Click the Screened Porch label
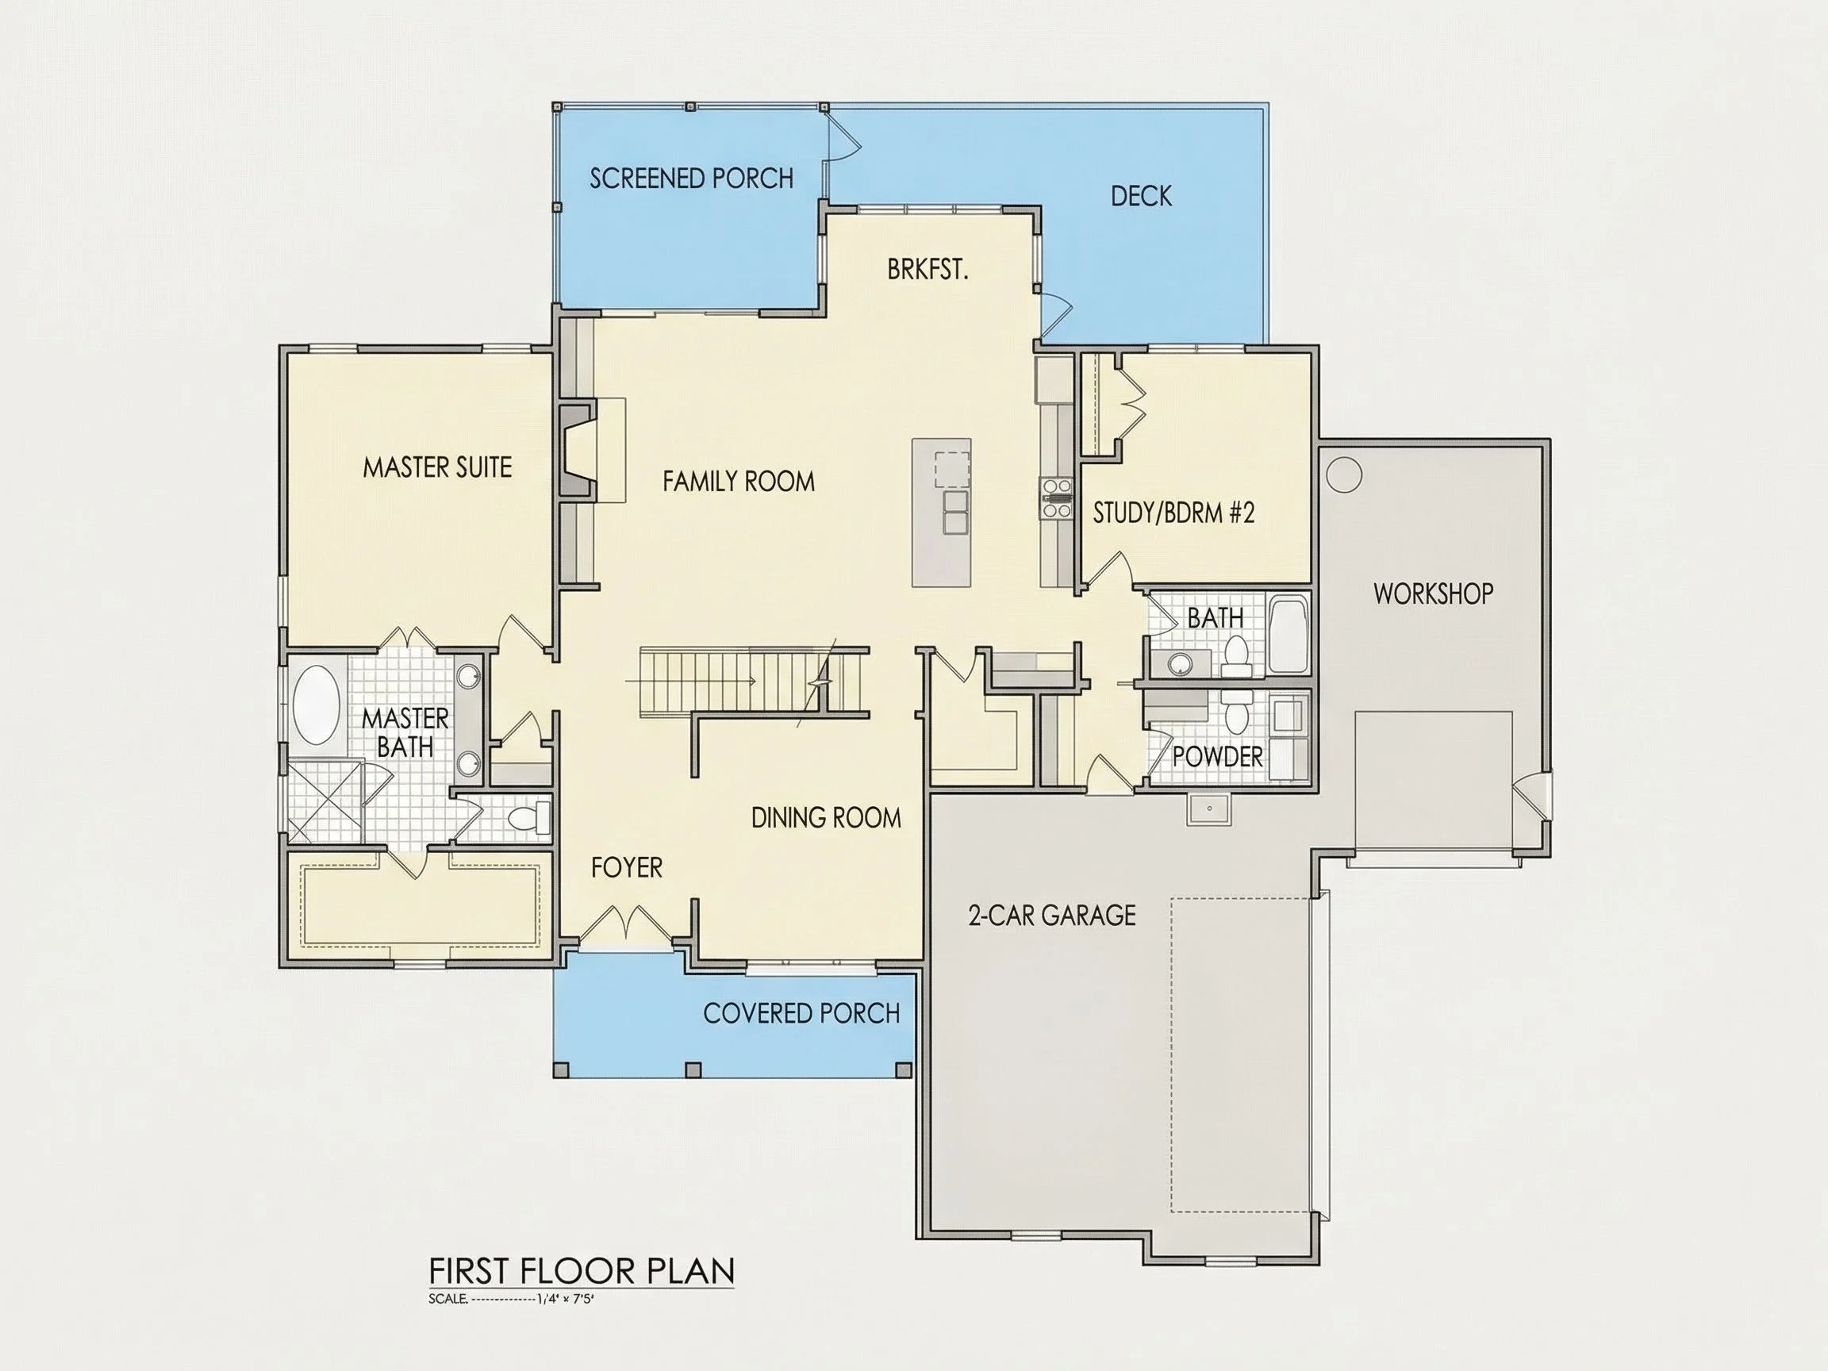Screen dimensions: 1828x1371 pyautogui.click(x=692, y=179)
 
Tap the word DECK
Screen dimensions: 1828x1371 pyautogui.click(x=1141, y=196)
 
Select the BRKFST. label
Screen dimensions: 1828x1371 pyautogui.click(x=927, y=270)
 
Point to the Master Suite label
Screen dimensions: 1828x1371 pyautogui.click(x=437, y=468)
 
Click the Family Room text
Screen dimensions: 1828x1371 pyautogui.click(x=739, y=481)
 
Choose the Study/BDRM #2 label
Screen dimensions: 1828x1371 pyautogui.click(x=1173, y=513)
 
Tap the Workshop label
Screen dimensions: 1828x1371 pyautogui.click(x=1433, y=593)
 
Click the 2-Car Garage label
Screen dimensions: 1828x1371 pyautogui.click(x=1052, y=915)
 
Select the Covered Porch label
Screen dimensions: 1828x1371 pyautogui.click(x=801, y=1013)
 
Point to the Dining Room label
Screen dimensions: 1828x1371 pyautogui.click(x=826, y=817)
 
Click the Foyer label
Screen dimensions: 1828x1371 pyautogui.click(x=627, y=867)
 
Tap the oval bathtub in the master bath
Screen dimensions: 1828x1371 pyautogui.click(x=317, y=705)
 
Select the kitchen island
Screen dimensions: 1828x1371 pyautogui.click(x=941, y=513)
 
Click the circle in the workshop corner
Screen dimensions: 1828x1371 pyautogui.click(x=1344, y=474)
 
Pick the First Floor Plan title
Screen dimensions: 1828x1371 pyautogui.click(x=582, y=1270)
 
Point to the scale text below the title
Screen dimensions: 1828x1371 pyautogui.click(x=511, y=1298)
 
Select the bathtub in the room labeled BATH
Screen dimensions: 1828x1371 pyautogui.click(x=1288, y=634)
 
